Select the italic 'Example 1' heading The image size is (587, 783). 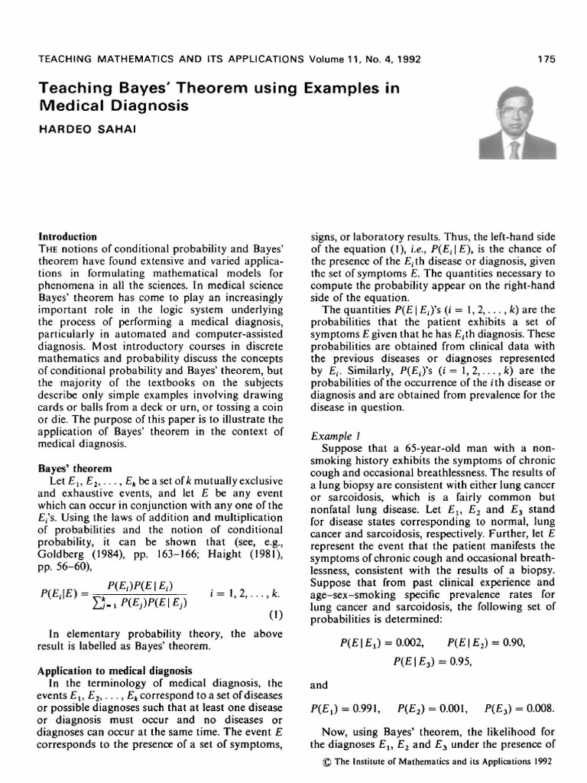(x=332, y=435)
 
